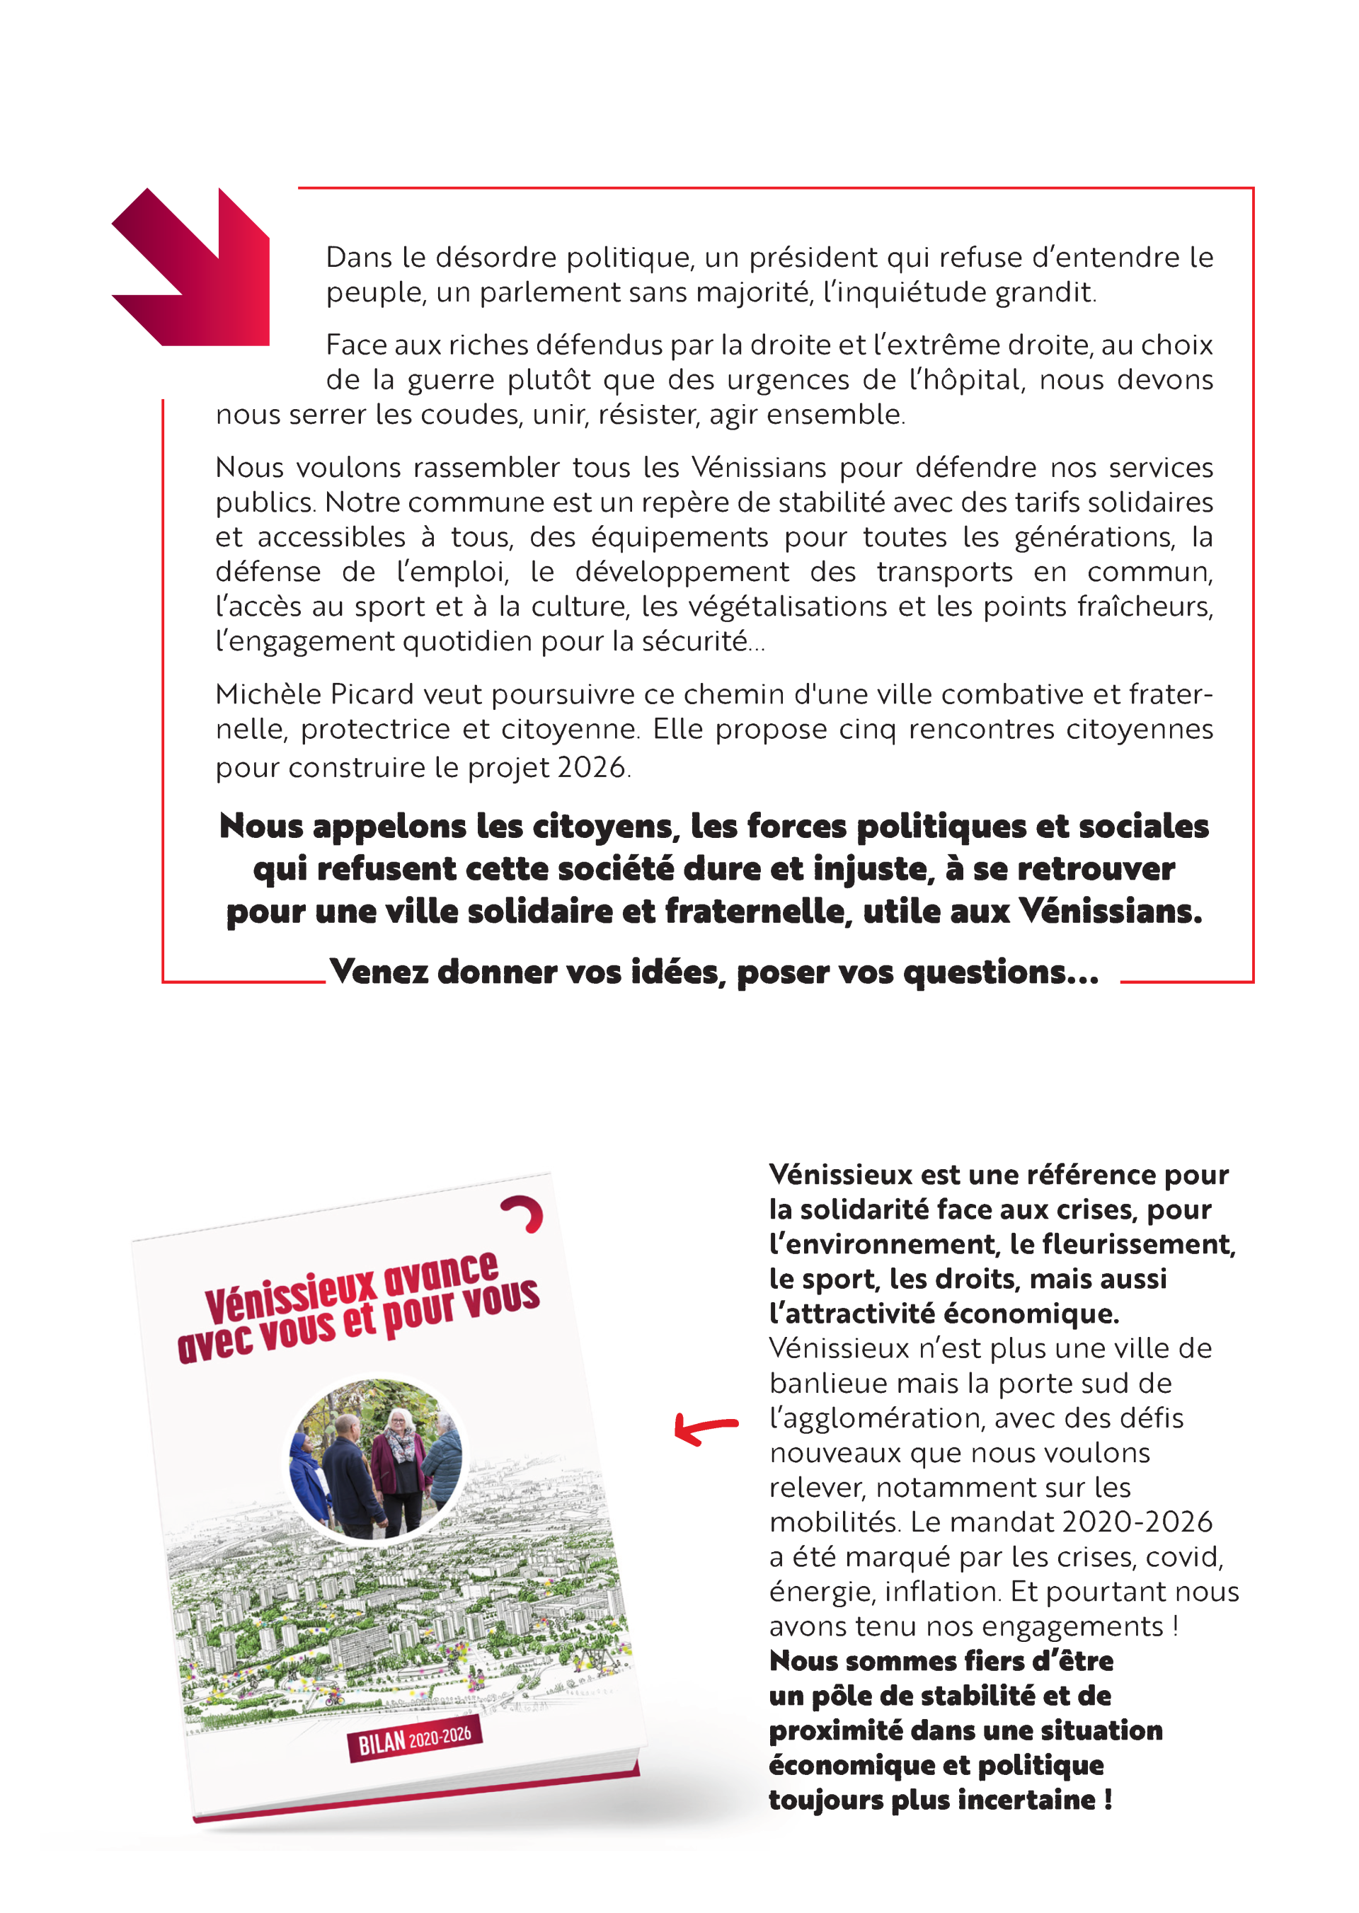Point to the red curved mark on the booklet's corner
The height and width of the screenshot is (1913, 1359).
coord(524,1214)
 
